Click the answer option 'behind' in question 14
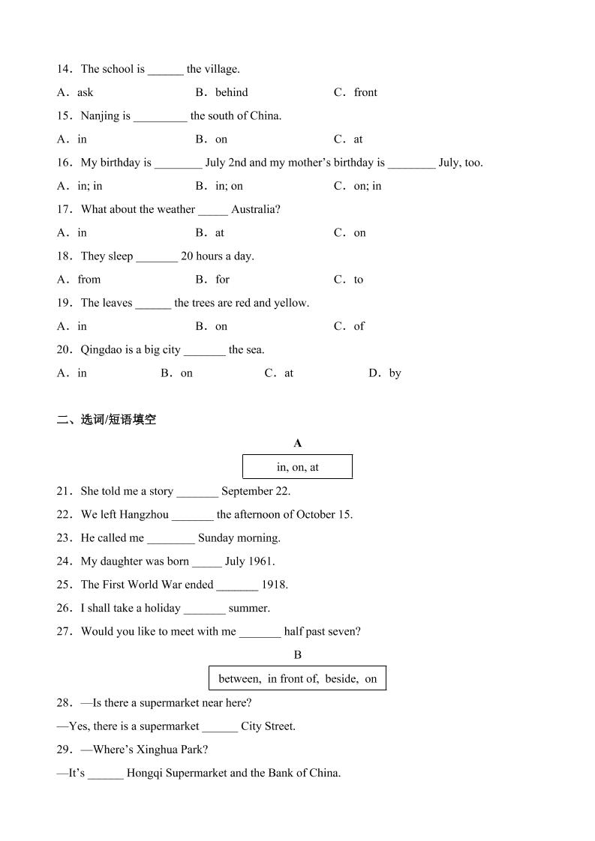[x=231, y=92]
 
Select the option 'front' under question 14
[x=365, y=92]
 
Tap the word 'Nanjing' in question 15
[x=101, y=115]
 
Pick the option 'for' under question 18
[x=223, y=280]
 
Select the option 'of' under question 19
[x=359, y=326]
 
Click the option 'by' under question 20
[x=395, y=373]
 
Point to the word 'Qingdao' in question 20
[x=102, y=349]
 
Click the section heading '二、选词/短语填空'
[x=107, y=420]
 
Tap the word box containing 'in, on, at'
[x=297, y=467]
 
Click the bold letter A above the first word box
[x=298, y=443]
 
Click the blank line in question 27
[x=260, y=633]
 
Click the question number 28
[x=64, y=703]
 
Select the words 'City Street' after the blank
[x=268, y=726]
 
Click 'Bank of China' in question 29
[x=304, y=773]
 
